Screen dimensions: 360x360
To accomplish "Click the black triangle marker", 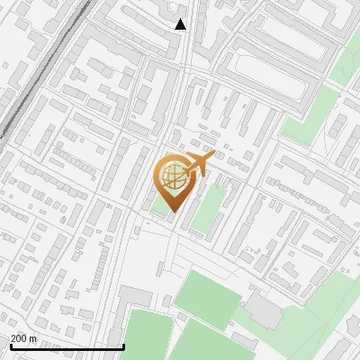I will pos(181,24).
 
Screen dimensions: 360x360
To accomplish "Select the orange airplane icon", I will pos(197,164).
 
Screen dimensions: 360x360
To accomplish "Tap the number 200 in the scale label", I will pos(18,338).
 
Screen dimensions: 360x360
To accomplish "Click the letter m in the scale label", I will pos(33,338).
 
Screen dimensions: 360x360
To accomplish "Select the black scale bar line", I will pos(67,346).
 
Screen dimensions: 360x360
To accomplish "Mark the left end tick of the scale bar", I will pos(10,346).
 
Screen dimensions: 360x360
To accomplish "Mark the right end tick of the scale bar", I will pos(123,346).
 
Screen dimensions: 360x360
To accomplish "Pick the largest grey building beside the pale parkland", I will pos(263,311).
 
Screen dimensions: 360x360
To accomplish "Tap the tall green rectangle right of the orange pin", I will pos(208,210).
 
